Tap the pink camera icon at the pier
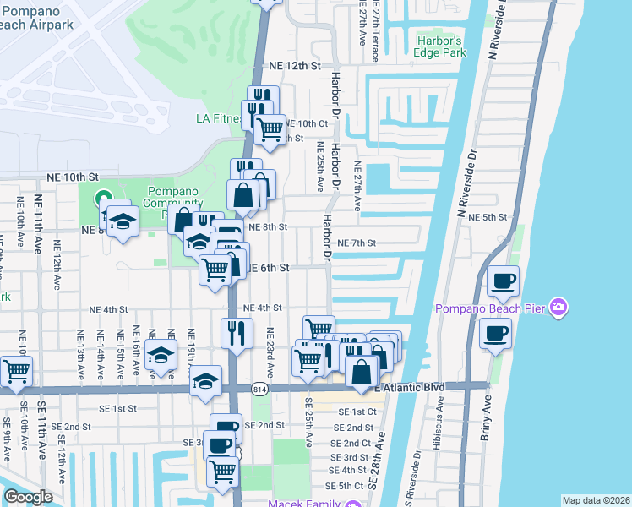click(558, 308)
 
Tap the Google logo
click(28, 496)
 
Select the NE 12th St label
click(296, 65)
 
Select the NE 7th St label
click(356, 243)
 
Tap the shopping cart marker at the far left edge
click(15, 371)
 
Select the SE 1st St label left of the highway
click(114, 408)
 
